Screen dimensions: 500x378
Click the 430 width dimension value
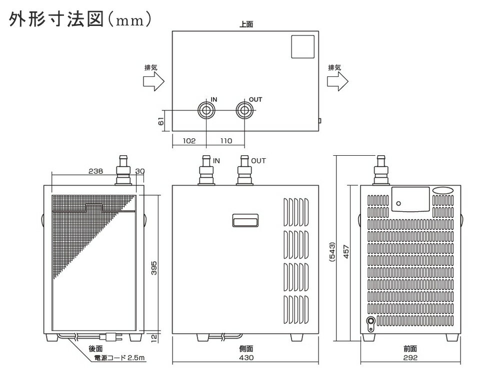coord(246,358)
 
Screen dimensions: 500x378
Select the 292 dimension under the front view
coord(410,358)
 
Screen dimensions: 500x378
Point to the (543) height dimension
coord(332,252)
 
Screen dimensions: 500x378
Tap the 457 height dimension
coord(346,252)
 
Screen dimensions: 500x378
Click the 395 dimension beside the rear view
coord(153,268)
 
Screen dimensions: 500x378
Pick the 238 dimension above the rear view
coord(95,171)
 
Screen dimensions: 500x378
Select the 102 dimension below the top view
coord(189,141)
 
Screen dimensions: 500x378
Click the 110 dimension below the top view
coord(226,141)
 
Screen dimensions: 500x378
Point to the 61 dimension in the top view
coord(161,121)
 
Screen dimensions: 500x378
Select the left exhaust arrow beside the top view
coord(153,81)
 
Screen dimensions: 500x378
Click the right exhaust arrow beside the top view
coord(337,81)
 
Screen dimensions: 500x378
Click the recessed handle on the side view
coord(245,220)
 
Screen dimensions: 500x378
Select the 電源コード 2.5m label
coord(119,358)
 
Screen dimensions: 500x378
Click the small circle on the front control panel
coord(398,204)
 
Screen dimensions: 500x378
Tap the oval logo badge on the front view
coord(443,190)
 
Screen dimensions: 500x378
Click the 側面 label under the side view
coord(246,349)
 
